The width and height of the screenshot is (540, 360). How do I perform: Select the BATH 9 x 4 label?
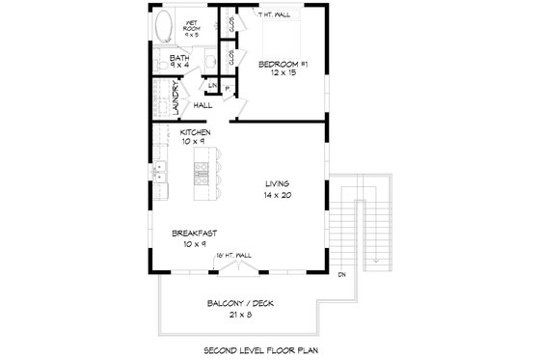point(179,63)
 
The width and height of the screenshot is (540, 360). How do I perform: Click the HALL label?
point(202,104)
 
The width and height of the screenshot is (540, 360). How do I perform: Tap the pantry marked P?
point(227,90)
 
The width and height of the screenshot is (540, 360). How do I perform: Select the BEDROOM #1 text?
point(284,64)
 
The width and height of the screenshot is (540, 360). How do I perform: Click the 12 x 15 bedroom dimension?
point(284,74)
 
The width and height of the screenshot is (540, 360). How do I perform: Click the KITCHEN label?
point(195,132)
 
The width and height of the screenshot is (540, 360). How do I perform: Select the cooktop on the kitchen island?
point(202,176)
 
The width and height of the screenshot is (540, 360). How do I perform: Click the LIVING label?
point(279,183)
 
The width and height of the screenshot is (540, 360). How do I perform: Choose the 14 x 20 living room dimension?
point(279,195)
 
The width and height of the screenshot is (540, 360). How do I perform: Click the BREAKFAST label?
point(194,233)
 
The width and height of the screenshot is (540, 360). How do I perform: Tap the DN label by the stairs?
point(342,275)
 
